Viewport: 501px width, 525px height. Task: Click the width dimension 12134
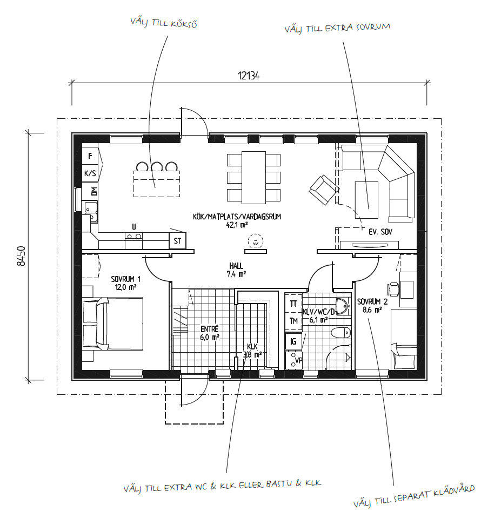point(249,76)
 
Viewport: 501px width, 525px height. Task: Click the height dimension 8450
point(21,256)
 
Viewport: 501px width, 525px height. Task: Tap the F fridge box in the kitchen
point(90,156)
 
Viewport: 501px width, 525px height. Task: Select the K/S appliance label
point(90,173)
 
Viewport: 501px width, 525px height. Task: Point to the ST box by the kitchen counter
point(177,241)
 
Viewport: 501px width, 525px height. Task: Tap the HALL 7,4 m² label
point(236,270)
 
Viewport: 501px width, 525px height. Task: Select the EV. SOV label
point(380,232)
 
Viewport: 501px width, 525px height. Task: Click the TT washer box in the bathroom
point(293,304)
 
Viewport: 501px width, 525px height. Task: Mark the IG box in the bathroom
point(293,341)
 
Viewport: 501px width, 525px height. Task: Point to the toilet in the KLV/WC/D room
point(340,333)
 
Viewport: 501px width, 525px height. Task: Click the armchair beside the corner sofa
point(324,190)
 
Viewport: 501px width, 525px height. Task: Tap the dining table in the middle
point(253,178)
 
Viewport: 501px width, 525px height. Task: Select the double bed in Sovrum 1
point(112,324)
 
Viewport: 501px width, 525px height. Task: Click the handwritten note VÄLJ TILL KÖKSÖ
point(164,23)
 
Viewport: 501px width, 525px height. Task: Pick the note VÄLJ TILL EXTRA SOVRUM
point(337,28)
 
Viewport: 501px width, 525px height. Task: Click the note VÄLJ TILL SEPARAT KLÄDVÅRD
point(414,496)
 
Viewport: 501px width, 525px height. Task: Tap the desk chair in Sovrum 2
point(393,288)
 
